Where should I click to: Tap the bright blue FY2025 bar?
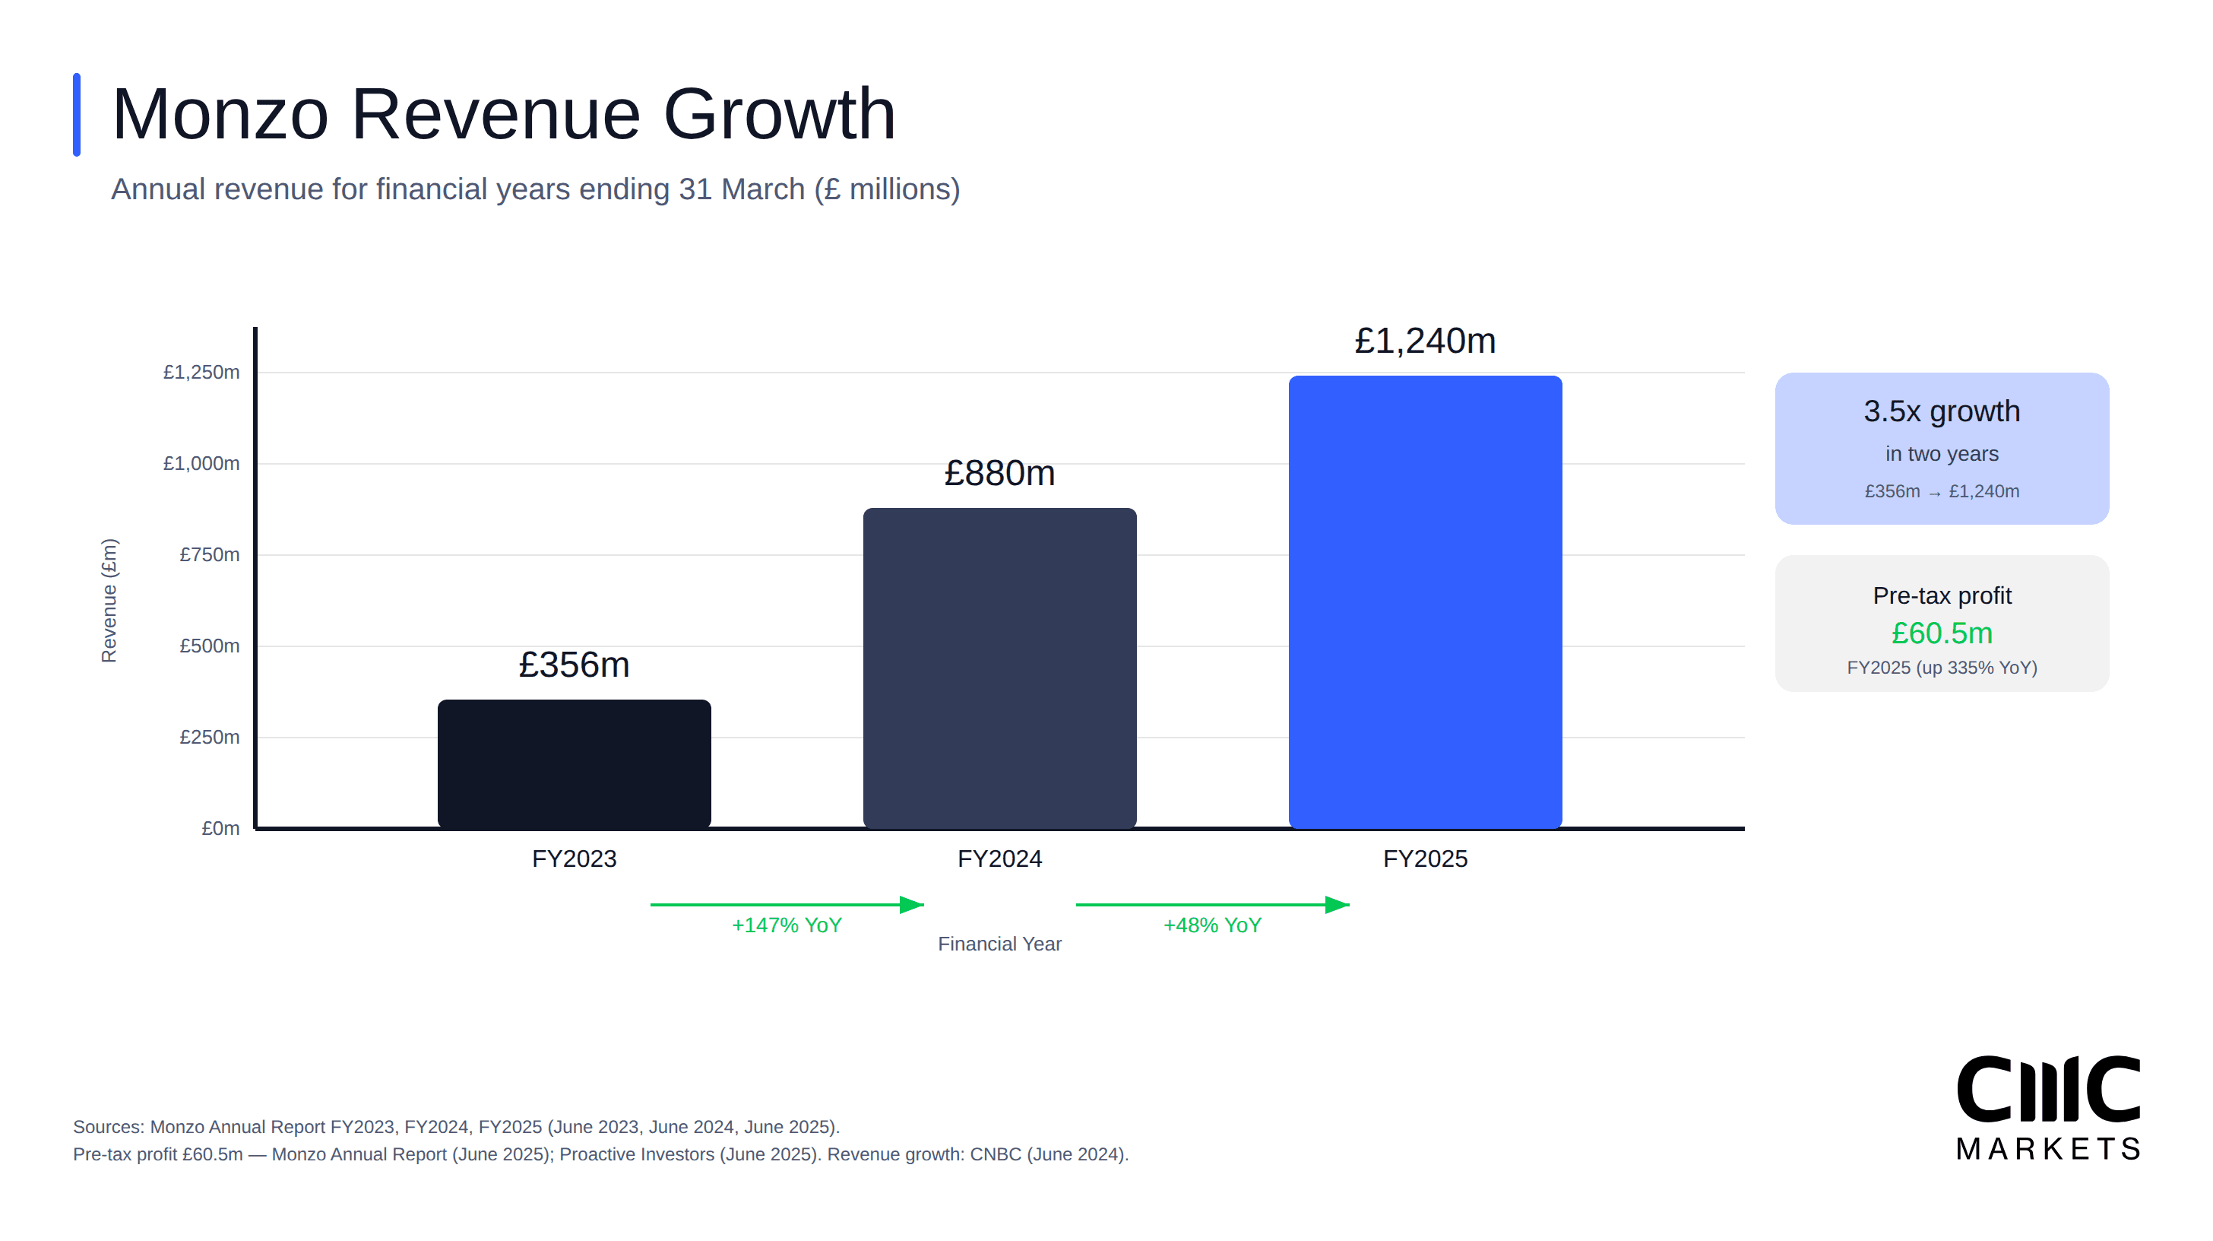pos(1424,601)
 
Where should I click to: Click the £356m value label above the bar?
pos(574,665)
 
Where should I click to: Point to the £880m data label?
pos(999,473)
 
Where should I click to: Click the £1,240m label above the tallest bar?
pos(1424,341)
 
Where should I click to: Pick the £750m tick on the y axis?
pos(209,554)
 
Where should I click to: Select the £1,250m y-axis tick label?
pos(201,372)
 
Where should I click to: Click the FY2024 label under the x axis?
pos(999,859)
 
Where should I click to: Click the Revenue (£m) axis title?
pos(109,600)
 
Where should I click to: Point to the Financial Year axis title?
pos(999,944)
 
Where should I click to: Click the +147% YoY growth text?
pos(786,925)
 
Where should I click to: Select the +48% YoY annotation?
pos(1211,925)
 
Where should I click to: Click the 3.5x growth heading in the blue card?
pos(1941,411)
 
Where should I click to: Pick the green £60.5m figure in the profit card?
pos(1941,633)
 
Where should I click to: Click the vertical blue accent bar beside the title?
pos(77,114)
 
